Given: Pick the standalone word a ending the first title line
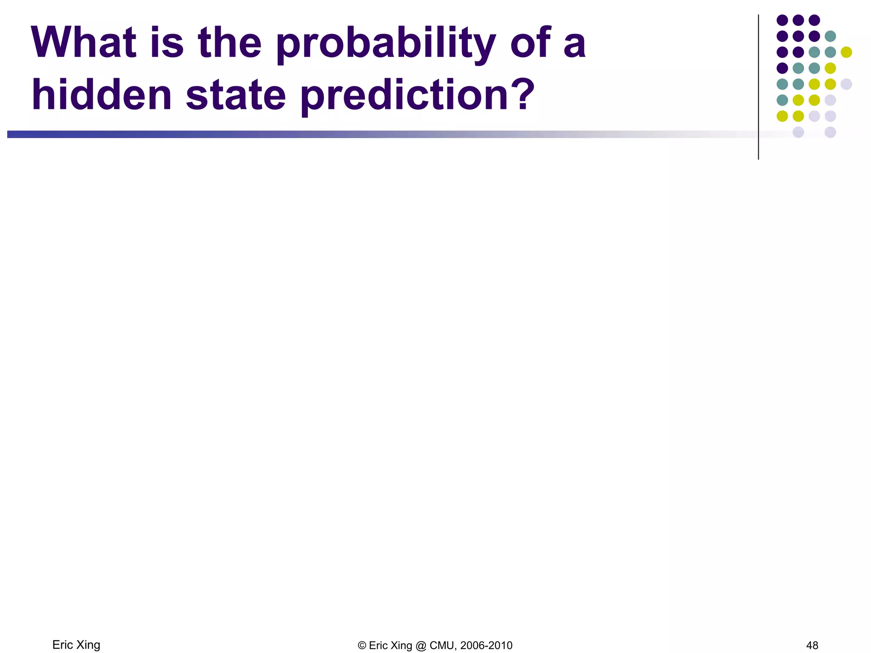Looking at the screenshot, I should click(575, 46).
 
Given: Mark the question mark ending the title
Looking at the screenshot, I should click(522, 94).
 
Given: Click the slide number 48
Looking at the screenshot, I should click(812, 645).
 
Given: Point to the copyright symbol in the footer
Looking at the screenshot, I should click(362, 646).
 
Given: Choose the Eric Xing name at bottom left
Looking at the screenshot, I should click(76, 645).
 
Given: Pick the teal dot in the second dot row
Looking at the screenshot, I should click(830, 36).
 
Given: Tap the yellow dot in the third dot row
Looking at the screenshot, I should click(846, 52).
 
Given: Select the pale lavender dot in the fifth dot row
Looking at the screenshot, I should click(846, 84).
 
